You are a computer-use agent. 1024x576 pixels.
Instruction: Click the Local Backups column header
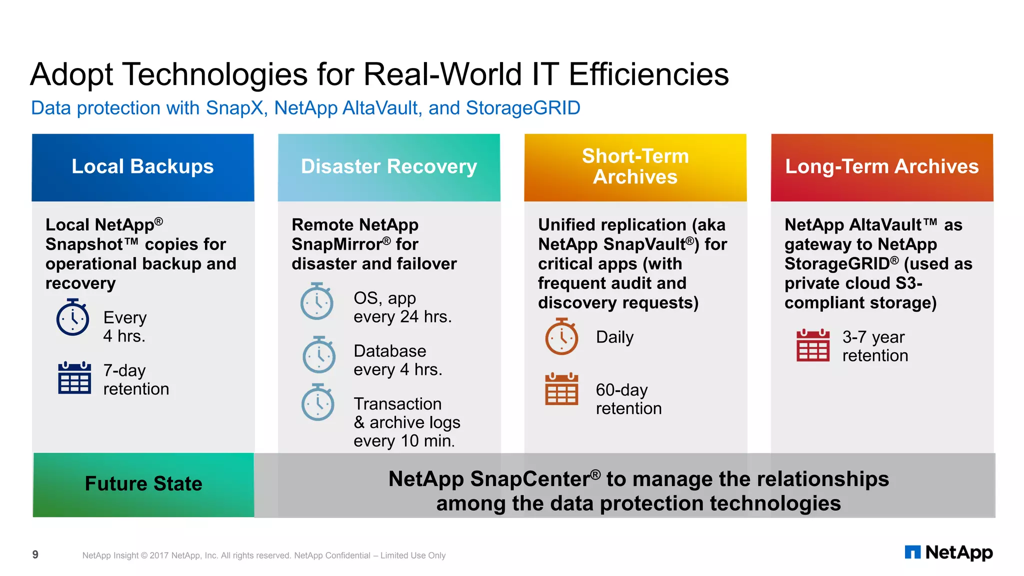[x=142, y=167]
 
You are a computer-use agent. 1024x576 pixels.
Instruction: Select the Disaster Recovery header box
[x=389, y=167]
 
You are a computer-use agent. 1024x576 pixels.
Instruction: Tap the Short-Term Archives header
[x=635, y=167]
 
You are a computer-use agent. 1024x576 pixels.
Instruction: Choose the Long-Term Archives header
[x=881, y=167]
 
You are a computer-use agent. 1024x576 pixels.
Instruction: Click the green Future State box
[x=143, y=484]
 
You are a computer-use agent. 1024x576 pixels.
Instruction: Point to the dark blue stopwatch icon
[x=73, y=318]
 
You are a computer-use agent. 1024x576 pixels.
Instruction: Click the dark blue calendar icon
[x=74, y=378]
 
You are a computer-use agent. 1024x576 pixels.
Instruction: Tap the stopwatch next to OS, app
[x=317, y=302]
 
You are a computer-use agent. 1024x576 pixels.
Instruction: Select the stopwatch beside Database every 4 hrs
[x=319, y=355]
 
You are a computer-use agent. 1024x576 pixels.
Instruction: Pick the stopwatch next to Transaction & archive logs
[x=318, y=403]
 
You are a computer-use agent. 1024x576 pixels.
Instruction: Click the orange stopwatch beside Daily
[x=561, y=337]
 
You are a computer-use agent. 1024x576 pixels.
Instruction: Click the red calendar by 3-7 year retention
[x=812, y=345]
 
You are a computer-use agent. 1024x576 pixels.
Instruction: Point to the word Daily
[x=614, y=337]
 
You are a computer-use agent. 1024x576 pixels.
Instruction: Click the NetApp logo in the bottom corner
[x=948, y=552]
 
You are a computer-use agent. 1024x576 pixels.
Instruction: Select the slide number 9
[x=35, y=554]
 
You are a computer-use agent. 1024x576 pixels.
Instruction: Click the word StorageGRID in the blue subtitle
[x=523, y=108]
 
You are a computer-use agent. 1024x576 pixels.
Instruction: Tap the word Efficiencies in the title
[x=648, y=75]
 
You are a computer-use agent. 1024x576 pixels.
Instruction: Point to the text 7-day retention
[x=136, y=380]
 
